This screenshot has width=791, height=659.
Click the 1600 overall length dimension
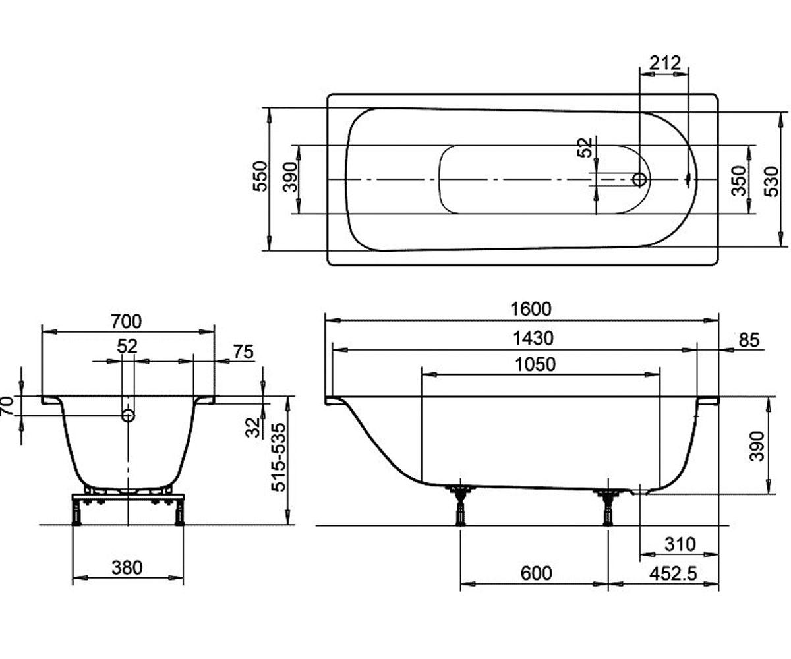tap(531, 309)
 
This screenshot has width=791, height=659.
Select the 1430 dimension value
tap(533, 338)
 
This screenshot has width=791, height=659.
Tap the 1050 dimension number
tap(535, 364)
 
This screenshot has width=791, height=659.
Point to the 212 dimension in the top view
tap(665, 63)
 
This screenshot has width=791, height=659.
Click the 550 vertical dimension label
tap(260, 177)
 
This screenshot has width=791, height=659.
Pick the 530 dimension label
tap(771, 182)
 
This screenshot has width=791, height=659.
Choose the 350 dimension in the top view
tap(739, 181)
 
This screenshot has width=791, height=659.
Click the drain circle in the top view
tap(639, 179)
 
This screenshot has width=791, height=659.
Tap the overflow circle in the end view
tap(128, 416)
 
